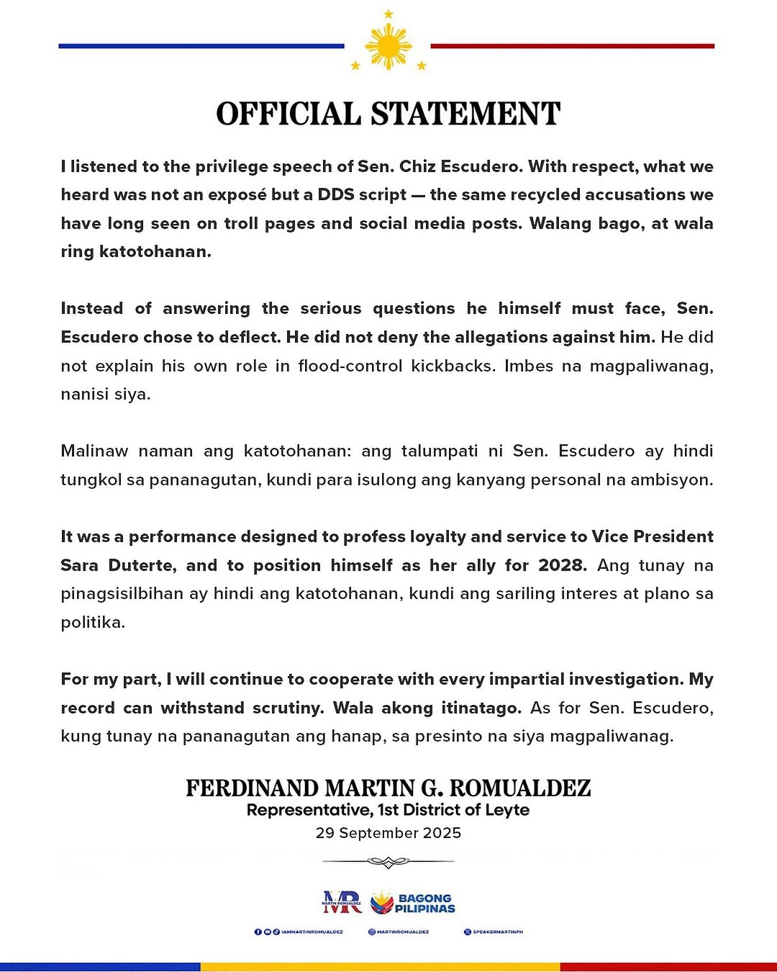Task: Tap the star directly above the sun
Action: [x=388, y=14]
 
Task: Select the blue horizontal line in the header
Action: [x=201, y=46]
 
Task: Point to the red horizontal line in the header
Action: [x=572, y=46]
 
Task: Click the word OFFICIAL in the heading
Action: [x=288, y=114]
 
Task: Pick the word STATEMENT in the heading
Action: [x=465, y=114]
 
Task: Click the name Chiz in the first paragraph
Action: [x=417, y=166]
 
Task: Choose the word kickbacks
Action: [x=452, y=366]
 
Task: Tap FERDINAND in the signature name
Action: [x=252, y=788]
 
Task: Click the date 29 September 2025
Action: [x=388, y=833]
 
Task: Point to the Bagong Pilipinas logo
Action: [x=413, y=903]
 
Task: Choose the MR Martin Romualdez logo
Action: [x=342, y=902]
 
